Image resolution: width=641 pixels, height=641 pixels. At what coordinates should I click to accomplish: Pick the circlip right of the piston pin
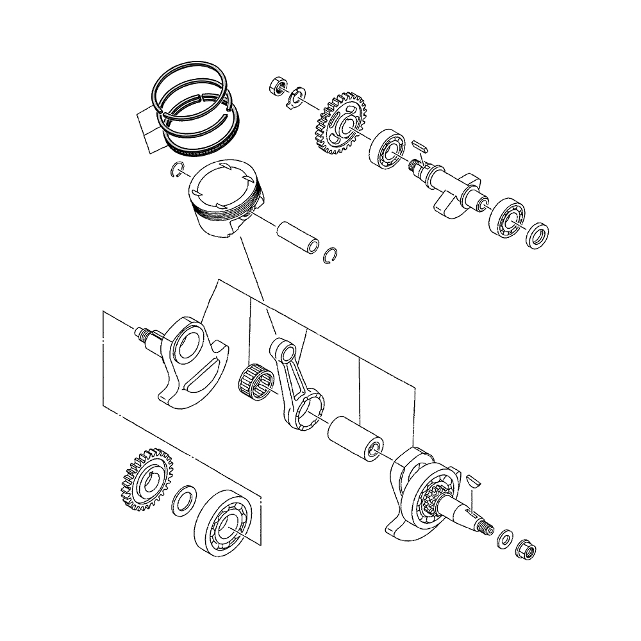pyautogui.click(x=331, y=254)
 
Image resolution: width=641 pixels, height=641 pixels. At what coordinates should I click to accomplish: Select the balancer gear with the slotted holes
pyautogui.click(x=340, y=126)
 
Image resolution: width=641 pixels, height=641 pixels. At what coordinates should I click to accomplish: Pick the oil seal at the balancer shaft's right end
pyautogui.click(x=537, y=235)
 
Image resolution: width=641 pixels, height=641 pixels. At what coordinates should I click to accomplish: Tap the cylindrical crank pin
pyautogui.click(x=354, y=438)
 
